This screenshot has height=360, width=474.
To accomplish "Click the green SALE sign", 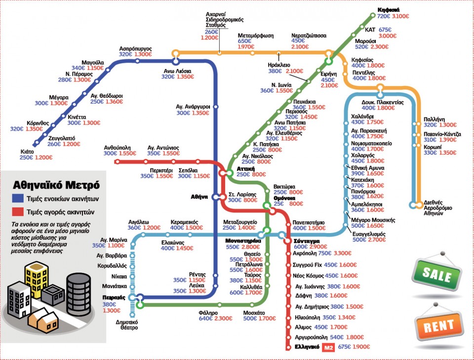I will point(435,275).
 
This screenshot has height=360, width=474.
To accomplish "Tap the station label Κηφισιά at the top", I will point(388,9).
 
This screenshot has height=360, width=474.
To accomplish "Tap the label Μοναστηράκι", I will point(239,240).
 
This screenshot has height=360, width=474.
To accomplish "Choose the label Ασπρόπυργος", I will point(135,48).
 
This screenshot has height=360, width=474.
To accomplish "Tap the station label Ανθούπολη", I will point(117,147).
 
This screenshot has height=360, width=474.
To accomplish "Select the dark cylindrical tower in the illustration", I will point(79,289).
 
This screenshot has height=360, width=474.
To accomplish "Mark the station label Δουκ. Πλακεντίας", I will point(383,102).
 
